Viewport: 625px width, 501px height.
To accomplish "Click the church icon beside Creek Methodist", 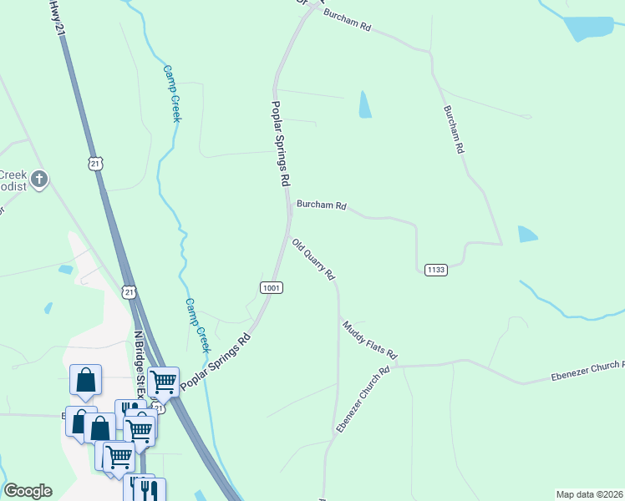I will (x=38, y=178).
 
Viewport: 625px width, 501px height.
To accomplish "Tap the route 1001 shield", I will (x=271, y=287).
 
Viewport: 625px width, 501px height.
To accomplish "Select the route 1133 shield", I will (x=435, y=270).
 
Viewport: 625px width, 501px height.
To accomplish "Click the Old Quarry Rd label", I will (x=313, y=259).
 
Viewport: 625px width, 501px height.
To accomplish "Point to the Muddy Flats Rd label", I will (x=368, y=337).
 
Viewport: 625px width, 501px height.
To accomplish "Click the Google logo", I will (x=28, y=491).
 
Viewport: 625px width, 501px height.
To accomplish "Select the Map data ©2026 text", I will (x=589, y=494).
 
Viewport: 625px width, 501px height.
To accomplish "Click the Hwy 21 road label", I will (x=57, y=17).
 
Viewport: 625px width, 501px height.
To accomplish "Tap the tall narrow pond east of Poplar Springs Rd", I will (x=364, y=104).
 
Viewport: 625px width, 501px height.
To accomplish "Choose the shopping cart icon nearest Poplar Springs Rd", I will (x=163, y=382).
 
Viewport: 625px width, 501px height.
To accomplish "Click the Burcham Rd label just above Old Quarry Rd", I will (x=321, y=205).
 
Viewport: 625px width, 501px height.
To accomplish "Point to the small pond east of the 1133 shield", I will (x=528, y=235).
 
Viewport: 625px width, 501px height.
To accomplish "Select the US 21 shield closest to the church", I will (x=96, y=164).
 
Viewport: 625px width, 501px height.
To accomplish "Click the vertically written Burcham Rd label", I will (x=453, y=129).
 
